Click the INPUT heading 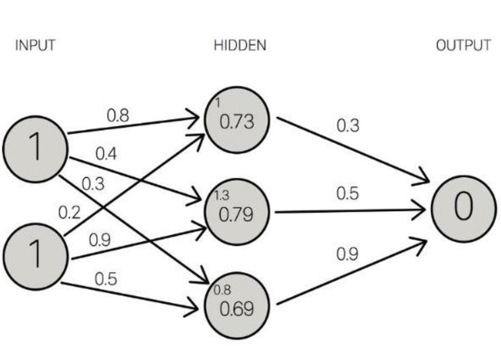[x=35, y=45]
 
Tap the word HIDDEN [x=240, y=45]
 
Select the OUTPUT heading [x=463, y=45]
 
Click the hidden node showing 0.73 [x=237, y=120]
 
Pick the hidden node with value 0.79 [x=237, y=212]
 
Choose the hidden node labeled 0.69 [x=237, y=306]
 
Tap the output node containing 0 [x=464, y=209]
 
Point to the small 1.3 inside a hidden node [x=221, y=195]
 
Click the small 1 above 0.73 [x=218, y=103]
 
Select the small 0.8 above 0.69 [x=222, y=290]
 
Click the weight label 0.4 [x=106, y=154]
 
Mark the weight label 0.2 [x=69, y=213]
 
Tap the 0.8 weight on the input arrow [x=118, y=116]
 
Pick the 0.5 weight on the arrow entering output [x=348, y=194]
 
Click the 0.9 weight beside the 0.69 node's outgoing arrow [x=348, y=254]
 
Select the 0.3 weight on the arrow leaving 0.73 [x=348, y=126]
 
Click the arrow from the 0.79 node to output [x=350, y=211]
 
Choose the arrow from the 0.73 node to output [x=353, y=150]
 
